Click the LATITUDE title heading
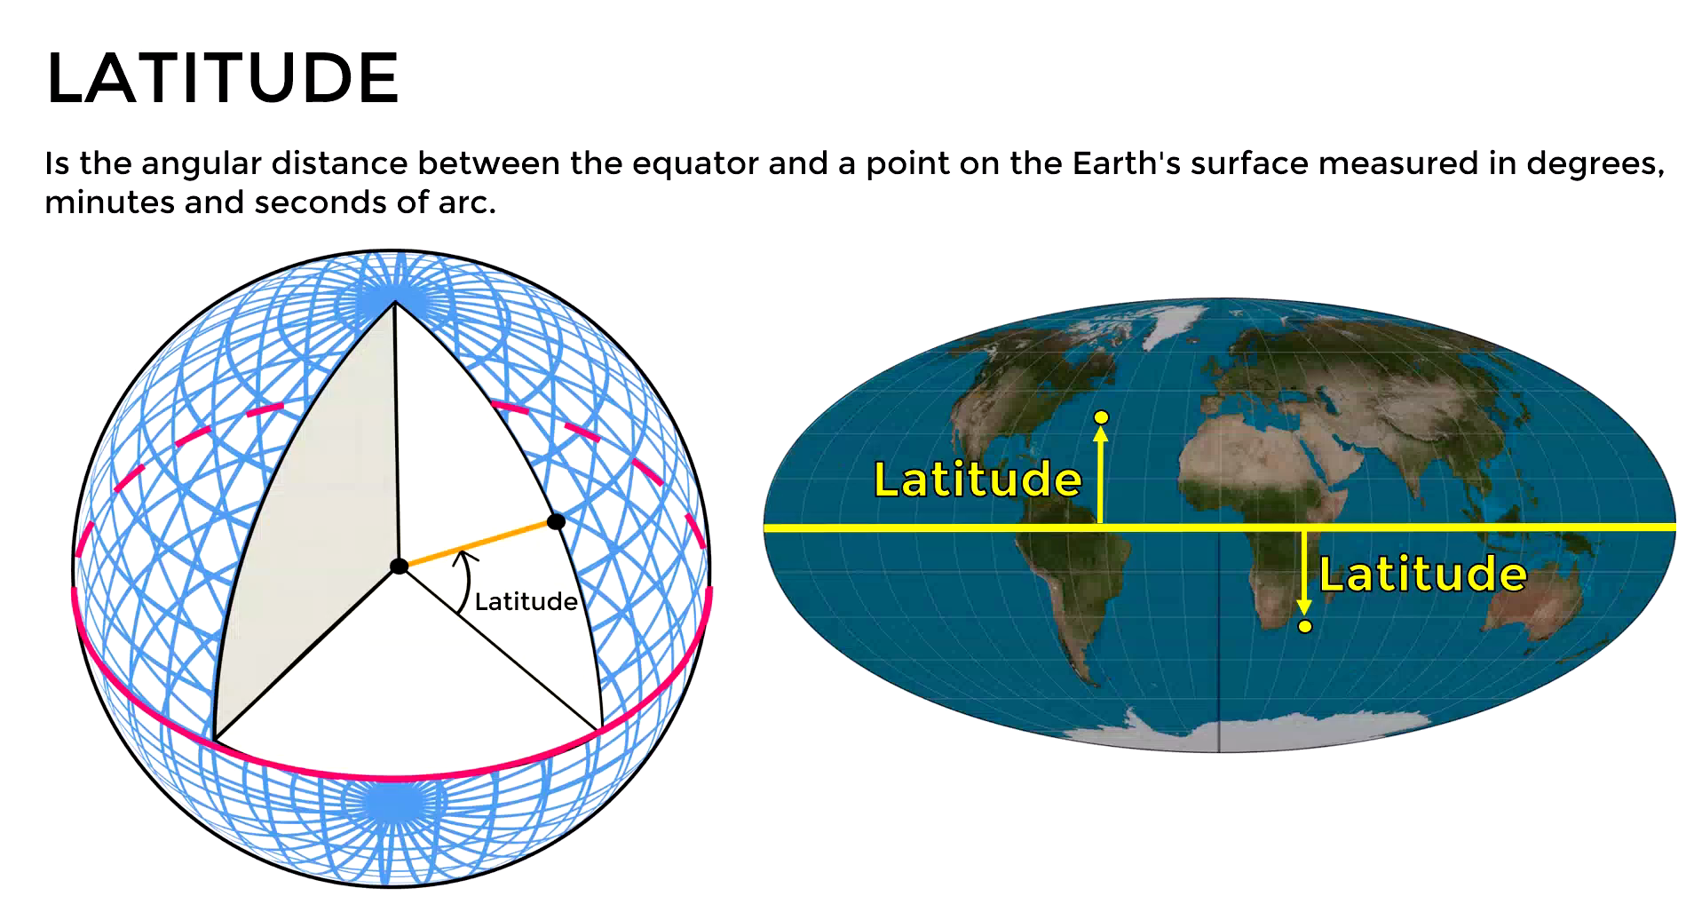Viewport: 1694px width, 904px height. point(222,78)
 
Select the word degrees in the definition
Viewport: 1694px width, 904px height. point(1594,164)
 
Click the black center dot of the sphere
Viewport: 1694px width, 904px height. point(399,566)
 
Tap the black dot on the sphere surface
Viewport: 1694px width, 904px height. point(556,521)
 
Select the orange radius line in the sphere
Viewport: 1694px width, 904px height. point(478,543)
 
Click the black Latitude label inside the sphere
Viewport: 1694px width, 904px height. point(526,602)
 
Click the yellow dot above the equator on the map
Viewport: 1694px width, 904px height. point(1101,417)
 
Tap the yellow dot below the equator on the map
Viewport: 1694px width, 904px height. point(1304,627)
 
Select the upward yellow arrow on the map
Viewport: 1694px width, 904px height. point(1101,475)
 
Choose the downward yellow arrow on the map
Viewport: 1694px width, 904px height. point(1304,573)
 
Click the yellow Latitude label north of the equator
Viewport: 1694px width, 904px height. point(978,480)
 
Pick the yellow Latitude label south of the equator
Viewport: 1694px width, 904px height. point(1422,575)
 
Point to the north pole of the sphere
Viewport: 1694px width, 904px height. point(395,302)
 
